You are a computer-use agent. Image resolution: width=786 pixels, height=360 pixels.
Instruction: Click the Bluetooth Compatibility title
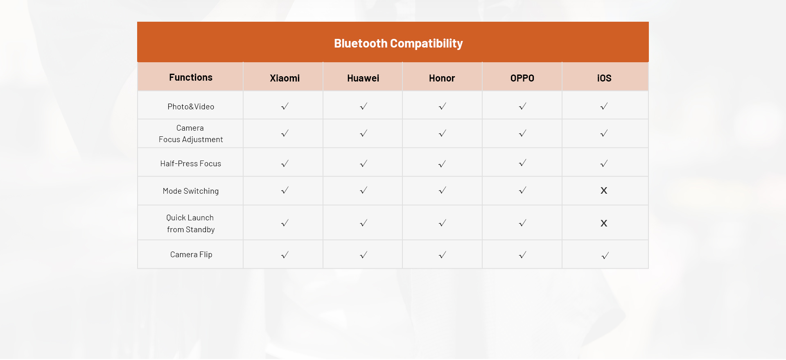tap(398, 43)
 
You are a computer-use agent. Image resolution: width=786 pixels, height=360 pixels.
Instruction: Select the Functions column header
tap(191, 77)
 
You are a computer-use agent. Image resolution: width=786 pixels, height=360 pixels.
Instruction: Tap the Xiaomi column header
tap(285, 78)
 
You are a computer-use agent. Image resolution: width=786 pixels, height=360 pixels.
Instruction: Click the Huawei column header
tap(363, 78)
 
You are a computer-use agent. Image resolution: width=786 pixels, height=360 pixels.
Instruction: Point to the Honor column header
tap(442, 78)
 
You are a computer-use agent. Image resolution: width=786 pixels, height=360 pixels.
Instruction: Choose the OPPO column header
tap(522, 78)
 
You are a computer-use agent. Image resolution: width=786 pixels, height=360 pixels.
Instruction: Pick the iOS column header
tap(604, 78)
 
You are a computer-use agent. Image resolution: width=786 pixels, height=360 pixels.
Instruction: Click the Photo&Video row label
tap(191, 106)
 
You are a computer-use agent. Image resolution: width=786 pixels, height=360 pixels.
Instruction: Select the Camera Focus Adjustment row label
tap(191, 134)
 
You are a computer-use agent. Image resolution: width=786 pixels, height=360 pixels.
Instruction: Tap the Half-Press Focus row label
tap(191, 163)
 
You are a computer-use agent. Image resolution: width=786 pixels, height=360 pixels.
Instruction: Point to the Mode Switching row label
tap(191, 191)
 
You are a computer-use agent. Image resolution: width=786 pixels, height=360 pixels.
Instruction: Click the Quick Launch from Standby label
tap(191, 223)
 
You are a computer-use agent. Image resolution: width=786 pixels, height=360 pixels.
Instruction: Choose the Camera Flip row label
tap(191, 254)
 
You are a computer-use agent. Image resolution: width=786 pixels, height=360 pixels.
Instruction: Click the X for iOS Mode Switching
tap(604, 190)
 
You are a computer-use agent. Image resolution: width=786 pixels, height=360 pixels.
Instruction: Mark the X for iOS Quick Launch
tap(604, 223)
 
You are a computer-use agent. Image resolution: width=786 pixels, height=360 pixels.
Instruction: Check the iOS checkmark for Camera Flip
tap(605, 256)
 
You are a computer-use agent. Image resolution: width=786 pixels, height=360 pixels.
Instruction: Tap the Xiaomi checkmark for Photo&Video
tap(285, 106)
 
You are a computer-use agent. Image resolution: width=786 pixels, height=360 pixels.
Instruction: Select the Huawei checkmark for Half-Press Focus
tap(364, 163)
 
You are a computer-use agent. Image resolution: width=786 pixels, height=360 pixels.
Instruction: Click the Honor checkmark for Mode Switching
tap(442, 190)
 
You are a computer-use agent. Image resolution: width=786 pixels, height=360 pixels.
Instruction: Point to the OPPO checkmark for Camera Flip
tap(522, 255)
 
